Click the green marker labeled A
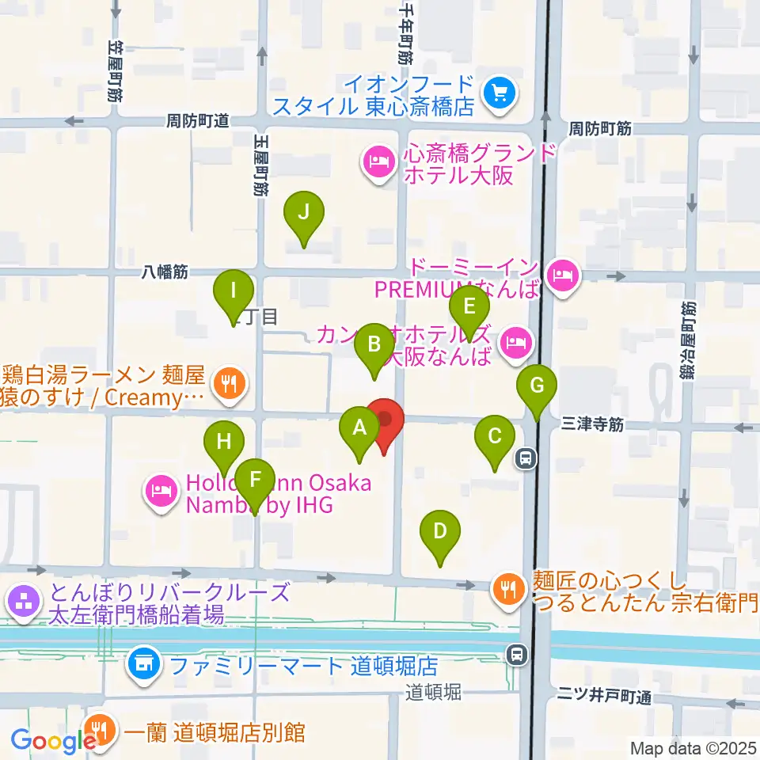pyautogui.click(x=359, y=429)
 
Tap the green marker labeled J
pyautogui.click(x=304, y=211)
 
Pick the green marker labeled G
pyautogui.click(x=537, y=387)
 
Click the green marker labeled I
pyautogui.click(x=233, y=291)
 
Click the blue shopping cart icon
pyautogui.click(x=500, y=94)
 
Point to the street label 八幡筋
pyautogui.click(x=165, y=272)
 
